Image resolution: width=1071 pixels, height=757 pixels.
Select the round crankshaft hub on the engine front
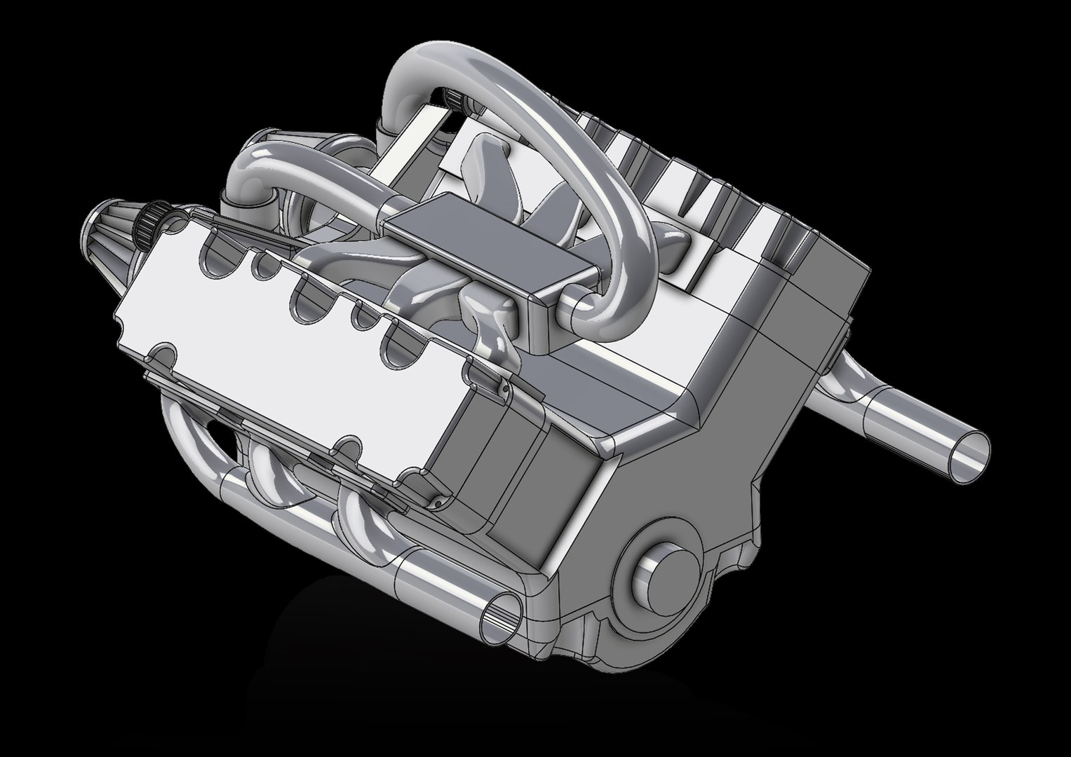(x=660, y=573)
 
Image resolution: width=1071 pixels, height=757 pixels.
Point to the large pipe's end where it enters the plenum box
(x=579, y=308)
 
